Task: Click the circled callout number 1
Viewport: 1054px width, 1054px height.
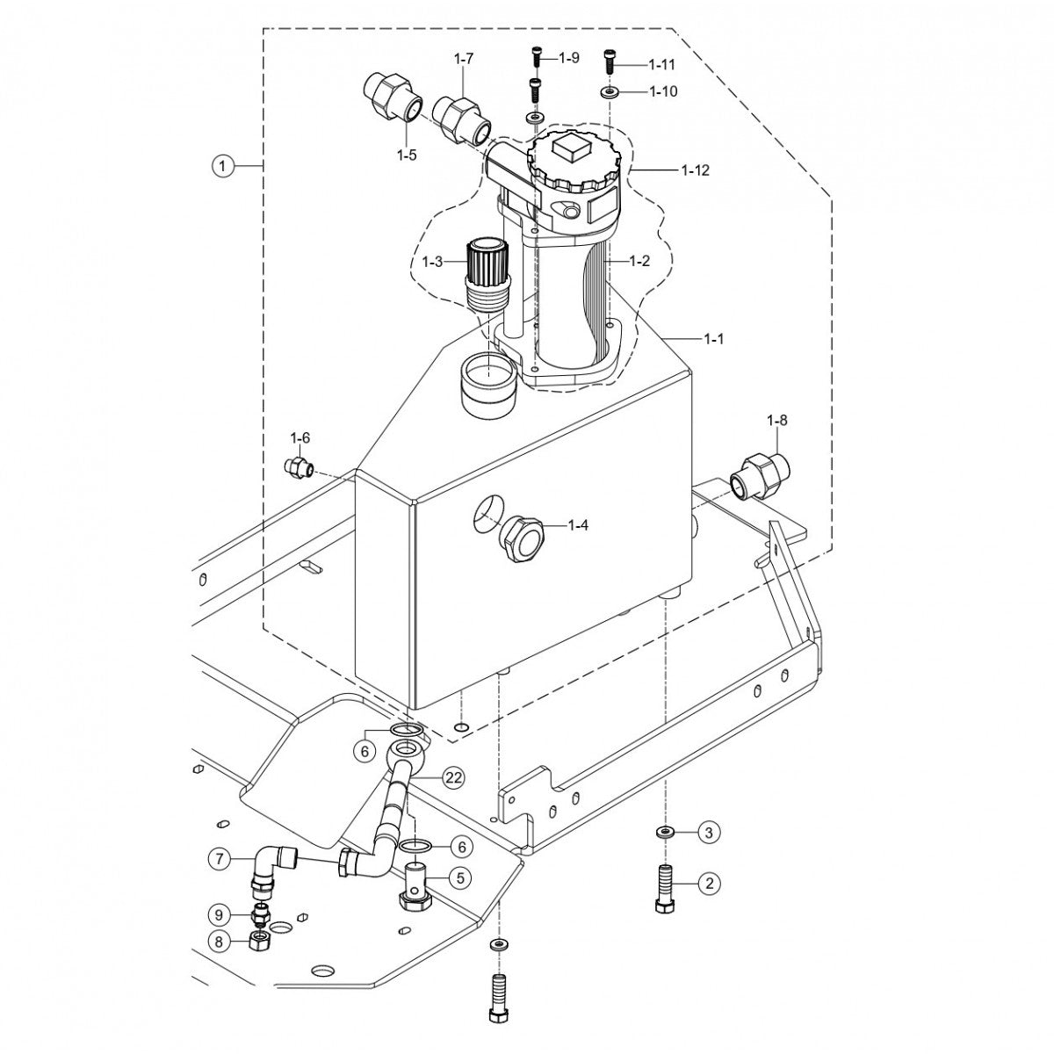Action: [x=224, y=165]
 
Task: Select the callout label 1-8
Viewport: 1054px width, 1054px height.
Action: [x=776, y=421]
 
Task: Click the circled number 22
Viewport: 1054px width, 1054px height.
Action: [x=453, y=776]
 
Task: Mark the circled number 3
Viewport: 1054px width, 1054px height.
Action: [x=710, y=832]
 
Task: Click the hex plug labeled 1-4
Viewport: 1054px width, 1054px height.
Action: [x=521, y=538]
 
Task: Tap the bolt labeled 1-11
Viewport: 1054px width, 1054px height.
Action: [x=610, y=63]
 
